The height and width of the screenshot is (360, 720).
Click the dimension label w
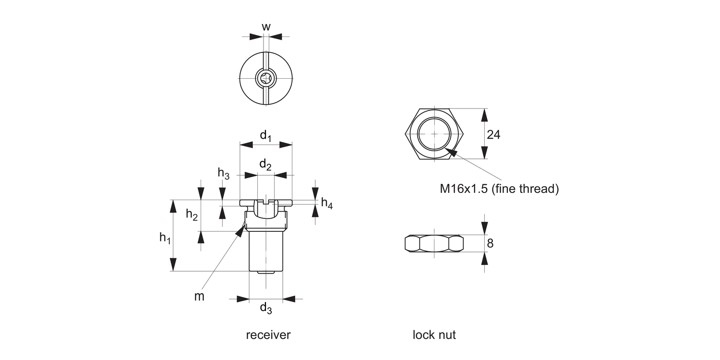[x=266, y=27]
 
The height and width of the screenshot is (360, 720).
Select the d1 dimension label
[x=266, y=136]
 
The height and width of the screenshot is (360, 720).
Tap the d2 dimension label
[x=265, y=165]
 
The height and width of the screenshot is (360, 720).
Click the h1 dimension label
[x=165, y=237]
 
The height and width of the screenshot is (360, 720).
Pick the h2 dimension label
[x=192, y=216]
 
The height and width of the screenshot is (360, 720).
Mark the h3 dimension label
[x=224, y=173]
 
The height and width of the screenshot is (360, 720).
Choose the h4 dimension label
[x=327, y=204]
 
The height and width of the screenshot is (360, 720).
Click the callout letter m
[x=199, y=297]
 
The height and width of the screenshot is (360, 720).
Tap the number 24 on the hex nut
[x=493, y=135]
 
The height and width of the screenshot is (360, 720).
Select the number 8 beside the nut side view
[x=490, y=243]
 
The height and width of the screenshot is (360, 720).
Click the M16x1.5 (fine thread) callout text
[x=499, y=189]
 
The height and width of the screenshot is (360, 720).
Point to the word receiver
[x=268, y=335]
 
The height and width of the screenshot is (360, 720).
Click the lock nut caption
[x=434, y=335]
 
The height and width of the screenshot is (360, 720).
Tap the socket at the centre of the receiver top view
[x=266, y=78]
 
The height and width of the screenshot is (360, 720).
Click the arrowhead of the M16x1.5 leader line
[x=452, y=153]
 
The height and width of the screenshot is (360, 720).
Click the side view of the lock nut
[x=434, y=243]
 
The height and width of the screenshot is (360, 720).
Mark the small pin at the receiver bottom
[x=266, y=273]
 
